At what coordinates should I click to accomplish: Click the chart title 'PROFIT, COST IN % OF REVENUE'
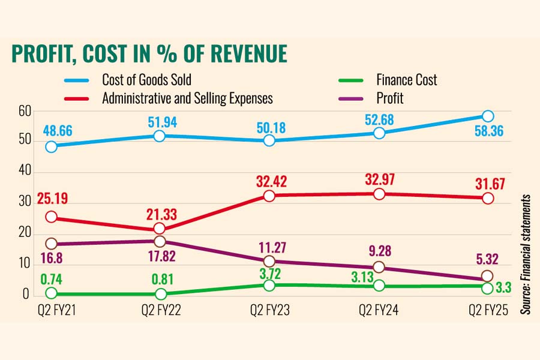pos(149,54)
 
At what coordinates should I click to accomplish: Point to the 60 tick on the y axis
pos(24,111)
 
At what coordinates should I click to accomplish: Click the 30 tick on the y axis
pos(24,203)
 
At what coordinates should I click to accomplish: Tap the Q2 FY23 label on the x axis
pos(269,310)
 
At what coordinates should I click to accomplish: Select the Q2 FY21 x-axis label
pos(52,310)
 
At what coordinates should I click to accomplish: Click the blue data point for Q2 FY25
pos(488,116)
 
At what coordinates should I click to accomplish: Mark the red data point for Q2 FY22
pos(160,228)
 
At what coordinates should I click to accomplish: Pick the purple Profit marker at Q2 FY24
pos(379,267)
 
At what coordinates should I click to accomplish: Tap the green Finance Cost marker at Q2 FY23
pos(269,285)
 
